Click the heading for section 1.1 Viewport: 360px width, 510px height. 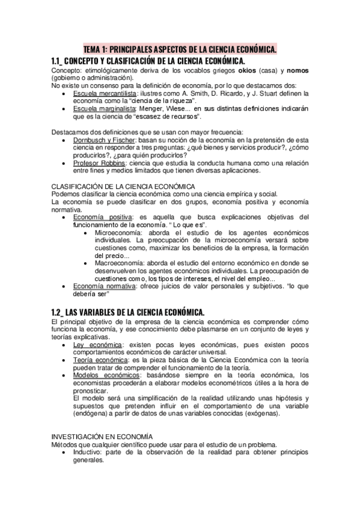(x=148, y=61)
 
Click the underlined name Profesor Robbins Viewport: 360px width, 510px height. (x=99, y=163)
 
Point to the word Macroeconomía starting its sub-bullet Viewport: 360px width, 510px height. (x=119, y=263)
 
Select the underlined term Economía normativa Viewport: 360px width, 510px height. (x=104, y=286)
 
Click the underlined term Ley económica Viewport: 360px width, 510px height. (x=96, y=345)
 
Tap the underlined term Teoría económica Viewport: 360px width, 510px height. (x=99, y=360)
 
